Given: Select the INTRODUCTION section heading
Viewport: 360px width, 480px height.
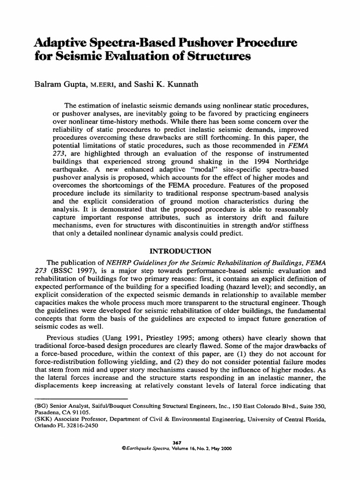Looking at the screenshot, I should coord(180,251).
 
